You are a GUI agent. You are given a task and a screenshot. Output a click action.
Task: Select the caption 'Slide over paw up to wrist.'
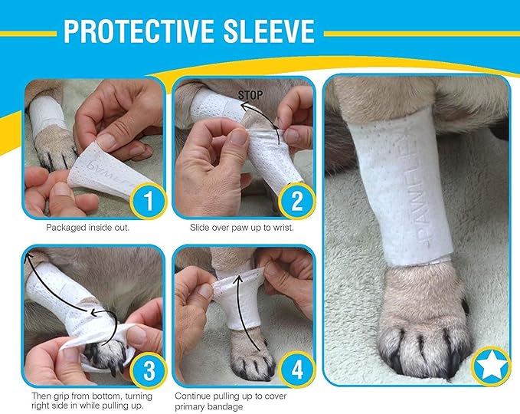pyautogui.click(x=242, y=228)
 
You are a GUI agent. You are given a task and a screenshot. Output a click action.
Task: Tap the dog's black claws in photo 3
pyautogui.click(x=100, y=353)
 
